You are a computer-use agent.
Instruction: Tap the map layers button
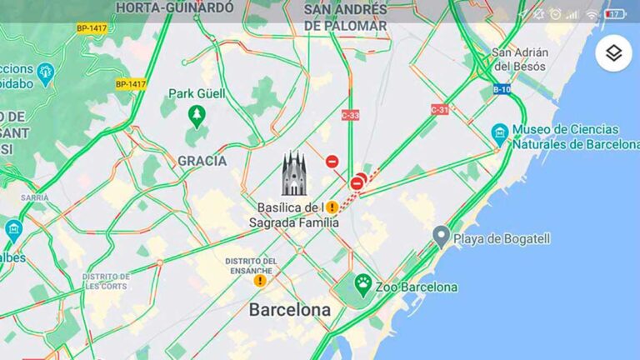coord(613,53)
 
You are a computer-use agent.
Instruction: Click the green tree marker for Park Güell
coord(197,116)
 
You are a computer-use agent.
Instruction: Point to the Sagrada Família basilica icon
coord(293,173)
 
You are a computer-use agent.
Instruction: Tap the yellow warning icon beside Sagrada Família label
coord(332,207)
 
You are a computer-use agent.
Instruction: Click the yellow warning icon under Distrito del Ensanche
coord(260,281)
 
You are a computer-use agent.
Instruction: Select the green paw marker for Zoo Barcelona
coord(362,284)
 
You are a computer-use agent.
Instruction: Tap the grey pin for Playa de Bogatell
coord(442,237)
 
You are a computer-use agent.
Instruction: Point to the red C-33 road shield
coord(350,115)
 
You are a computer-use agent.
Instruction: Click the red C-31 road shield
coord(440,109)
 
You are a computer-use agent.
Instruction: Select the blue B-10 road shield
coord(502,89)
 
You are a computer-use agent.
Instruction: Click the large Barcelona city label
coord(290,309)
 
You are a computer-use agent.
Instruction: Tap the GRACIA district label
coord(202,160)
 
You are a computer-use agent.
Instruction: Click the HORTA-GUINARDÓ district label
coord(176,7)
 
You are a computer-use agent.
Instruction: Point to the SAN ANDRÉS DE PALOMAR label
coord(345,17)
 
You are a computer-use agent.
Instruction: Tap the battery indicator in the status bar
coord(616,14)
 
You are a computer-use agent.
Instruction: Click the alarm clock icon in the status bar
coord(556,14)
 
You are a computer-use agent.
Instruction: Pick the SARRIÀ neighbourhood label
coord(35,197)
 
